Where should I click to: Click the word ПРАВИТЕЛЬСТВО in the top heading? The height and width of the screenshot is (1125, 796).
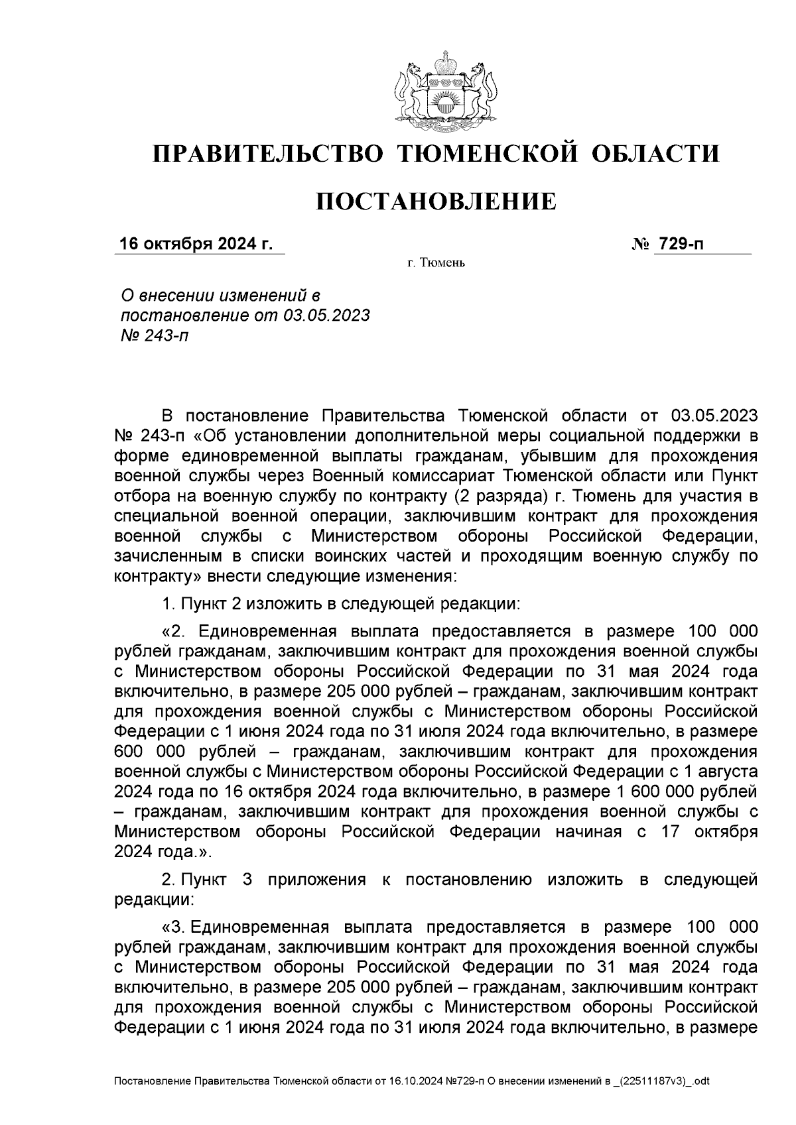pyautogui.click(x=268, y=154)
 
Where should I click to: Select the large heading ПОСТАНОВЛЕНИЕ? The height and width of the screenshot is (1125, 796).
pyautogui.click(x=436, y=201)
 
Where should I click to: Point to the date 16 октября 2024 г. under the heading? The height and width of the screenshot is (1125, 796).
pyautogui.click(x=196, y=244)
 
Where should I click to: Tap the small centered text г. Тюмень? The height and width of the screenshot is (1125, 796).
pyautogui.click(x=436, y=264)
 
